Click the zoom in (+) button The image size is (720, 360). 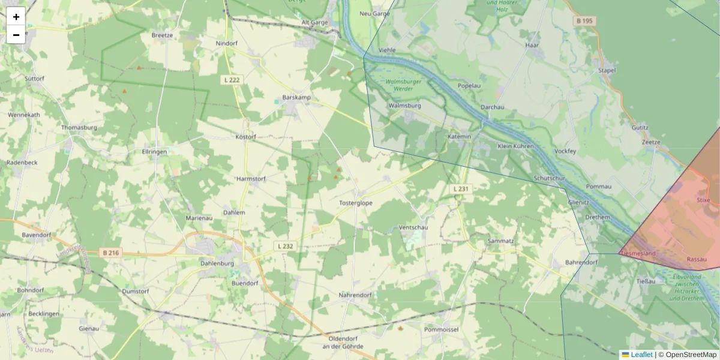(16, 17)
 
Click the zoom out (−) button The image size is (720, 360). (16, 35)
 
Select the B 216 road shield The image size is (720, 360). (111, 253)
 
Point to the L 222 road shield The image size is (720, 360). (232, 80)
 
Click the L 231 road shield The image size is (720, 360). (461, 188)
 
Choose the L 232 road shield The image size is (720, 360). (285, 246)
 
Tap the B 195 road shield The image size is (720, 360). (584, 21)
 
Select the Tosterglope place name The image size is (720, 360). (356, 203)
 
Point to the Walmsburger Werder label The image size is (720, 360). (403, 85)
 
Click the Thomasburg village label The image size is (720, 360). (79, 128)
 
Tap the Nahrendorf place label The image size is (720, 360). (355, 295)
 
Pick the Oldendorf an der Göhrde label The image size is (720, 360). (340, 343)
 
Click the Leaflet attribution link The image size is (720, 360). (641, 355)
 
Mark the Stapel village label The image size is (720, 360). (607, 70)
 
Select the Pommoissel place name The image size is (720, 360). (441, 330)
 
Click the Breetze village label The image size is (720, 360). (162, 35)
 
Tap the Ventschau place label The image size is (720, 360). (413, 228)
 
